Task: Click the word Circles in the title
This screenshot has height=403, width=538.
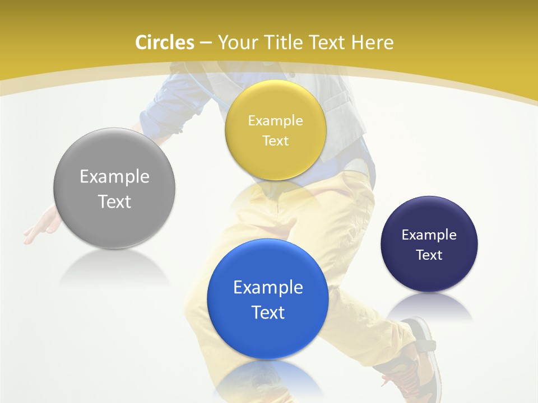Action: pyautogui.click(x=165, y=43)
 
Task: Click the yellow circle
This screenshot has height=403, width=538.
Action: pyautogui.click(x=275, y=130)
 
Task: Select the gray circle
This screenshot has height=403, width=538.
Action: pyautogui.click(x=114, y=188)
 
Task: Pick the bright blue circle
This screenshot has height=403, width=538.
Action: pyautogui.click(x=268, y=299)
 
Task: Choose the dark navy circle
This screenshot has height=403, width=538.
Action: pyautogui.click(x=429, y=244)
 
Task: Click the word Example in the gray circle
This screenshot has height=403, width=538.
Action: pyautogui.click(x=114, y=177)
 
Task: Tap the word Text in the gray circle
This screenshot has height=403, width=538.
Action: pyautogui.click(x=114, y=201)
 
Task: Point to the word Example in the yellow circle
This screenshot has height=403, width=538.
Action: pyautogui.click(x=275, y=120)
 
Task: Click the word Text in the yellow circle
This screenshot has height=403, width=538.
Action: pyautogui.click(x=275, y=140)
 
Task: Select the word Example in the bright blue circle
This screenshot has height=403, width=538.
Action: pyautogui.click(x=268, y=288)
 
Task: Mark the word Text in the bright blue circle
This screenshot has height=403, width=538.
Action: pyautogui.click(x=268, y=312)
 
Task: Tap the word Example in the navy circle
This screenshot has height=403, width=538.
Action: pyautogui.click(x=429, y=235)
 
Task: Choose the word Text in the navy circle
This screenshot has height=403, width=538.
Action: pyautogui.click(x=429, y=255)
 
